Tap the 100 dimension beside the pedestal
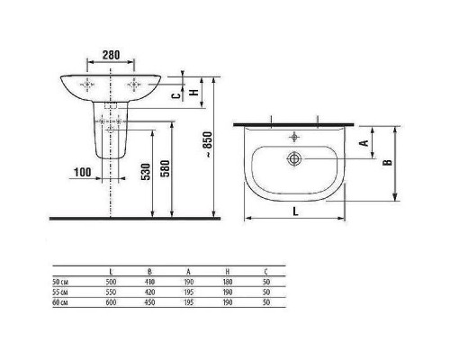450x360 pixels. tap(83, 170)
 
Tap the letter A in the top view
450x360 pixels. tap(363, 143)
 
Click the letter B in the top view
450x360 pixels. tap(388, 163)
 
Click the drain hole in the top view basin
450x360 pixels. tap(294, 158)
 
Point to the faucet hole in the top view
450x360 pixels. tap(294, 139)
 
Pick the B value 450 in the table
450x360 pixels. tap(148, 302)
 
